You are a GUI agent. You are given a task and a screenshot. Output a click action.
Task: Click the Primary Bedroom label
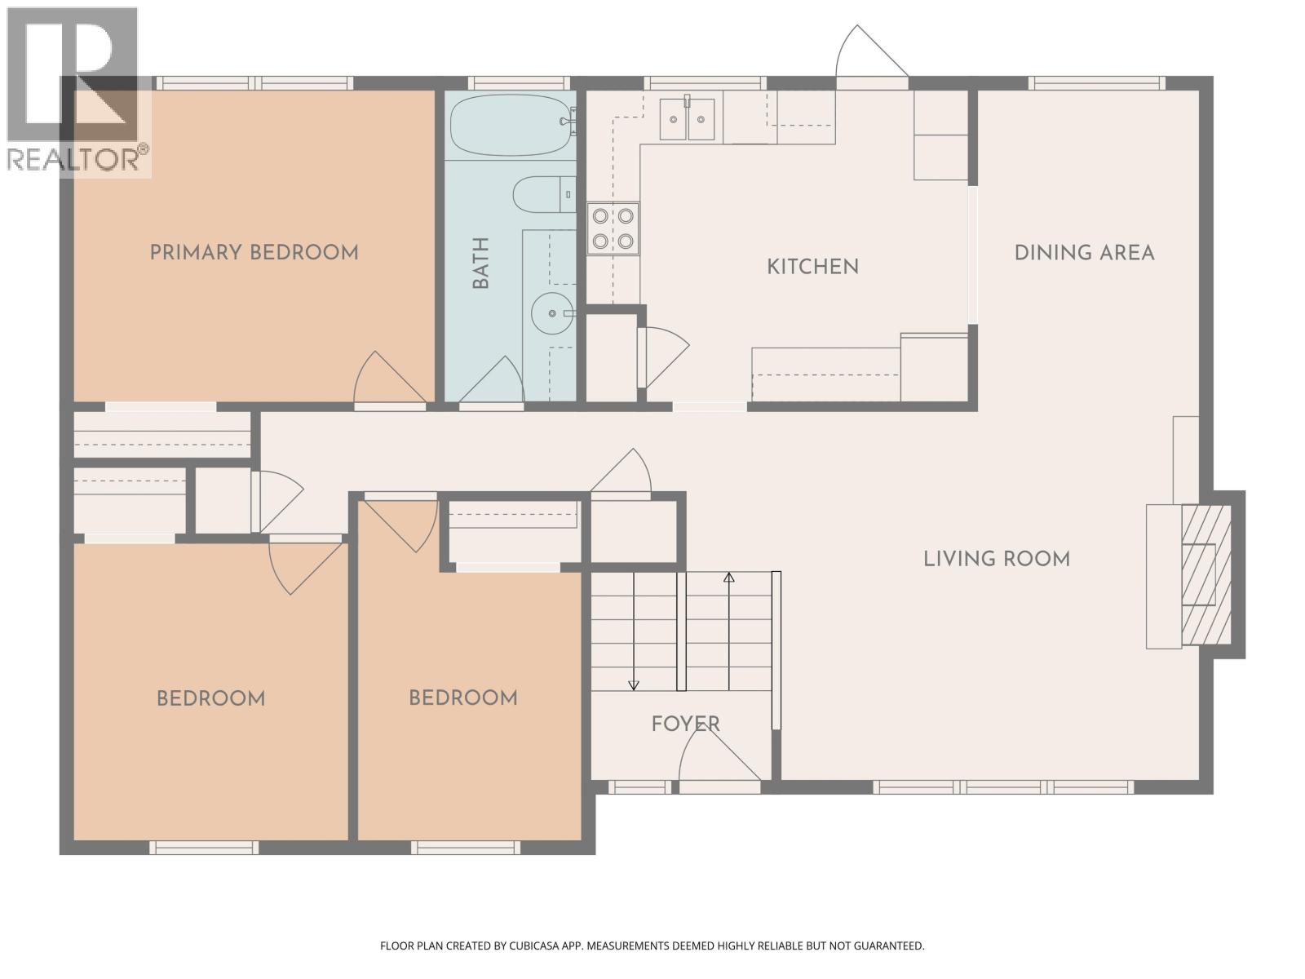click(x=254, y=252)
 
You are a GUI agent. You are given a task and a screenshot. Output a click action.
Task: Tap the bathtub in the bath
click(x=510, y=126)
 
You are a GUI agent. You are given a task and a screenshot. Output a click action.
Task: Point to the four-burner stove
click(x=613, y=229)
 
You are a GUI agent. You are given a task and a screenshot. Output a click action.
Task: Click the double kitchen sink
click(x=688, y=119)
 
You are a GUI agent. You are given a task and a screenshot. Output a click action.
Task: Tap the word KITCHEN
click(x=812, y=267)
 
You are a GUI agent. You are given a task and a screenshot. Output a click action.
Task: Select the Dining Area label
click(x=1084, y=253)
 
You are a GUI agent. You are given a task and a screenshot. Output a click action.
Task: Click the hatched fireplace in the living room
click(x=1206, y=575)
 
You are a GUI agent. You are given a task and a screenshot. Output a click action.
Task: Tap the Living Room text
click(x=997, y=559)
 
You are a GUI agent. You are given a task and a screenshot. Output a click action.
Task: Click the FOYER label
click(x=685, y=724)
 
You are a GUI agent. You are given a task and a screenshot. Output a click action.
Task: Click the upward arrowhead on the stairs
click(x=729, y=578)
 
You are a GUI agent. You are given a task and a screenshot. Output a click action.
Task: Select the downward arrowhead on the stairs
click(x=634, y=684)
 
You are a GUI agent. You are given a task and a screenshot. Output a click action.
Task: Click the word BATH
click(x=481, y=263)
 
